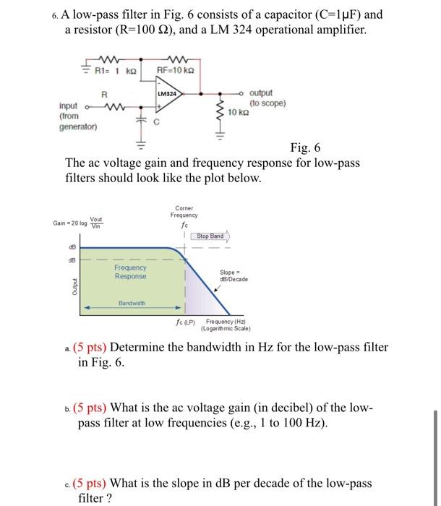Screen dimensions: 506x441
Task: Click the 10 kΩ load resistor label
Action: (239, 113)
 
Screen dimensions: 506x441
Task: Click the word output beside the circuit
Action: (261, 93)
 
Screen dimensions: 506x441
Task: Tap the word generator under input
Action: (78, 126)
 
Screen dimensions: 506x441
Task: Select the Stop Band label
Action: (210, 235)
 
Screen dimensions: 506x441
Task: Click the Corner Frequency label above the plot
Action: (184, 211)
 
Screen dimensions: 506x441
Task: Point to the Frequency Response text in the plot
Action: (130, 272)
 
